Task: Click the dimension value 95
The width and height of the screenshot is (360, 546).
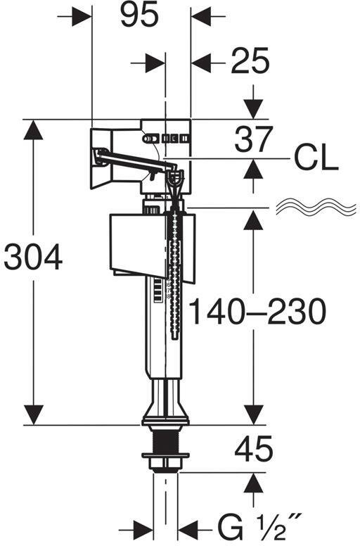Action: pos(139,15)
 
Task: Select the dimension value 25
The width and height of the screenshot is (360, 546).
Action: pos(250,62)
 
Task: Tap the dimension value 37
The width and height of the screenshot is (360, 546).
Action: pos(253,139)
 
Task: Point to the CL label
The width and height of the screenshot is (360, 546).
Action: pos(316,159)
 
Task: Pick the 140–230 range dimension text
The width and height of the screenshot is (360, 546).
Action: pos(257,312)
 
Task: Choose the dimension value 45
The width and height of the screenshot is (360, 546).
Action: pos(254,449)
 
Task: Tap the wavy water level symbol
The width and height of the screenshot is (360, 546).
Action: pos(316,208)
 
